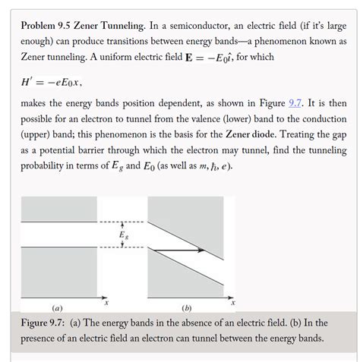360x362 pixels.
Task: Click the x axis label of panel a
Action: (x=107, y=302)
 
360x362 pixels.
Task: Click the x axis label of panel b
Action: (x=234, y=302)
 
